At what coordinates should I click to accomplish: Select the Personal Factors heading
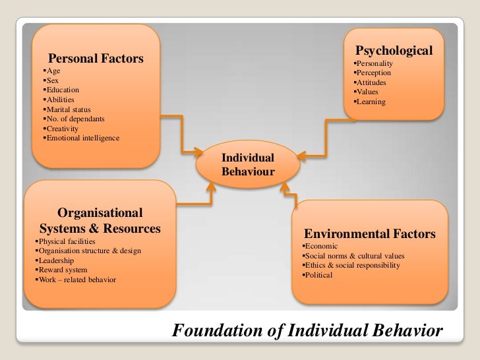tap(96, 58)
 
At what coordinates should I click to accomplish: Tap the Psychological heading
tap(394, 50)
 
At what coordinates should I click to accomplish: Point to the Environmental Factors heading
tap(369, 234)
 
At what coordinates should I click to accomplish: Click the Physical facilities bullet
tap(66, 242)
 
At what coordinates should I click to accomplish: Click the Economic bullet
tap(319, 246)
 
